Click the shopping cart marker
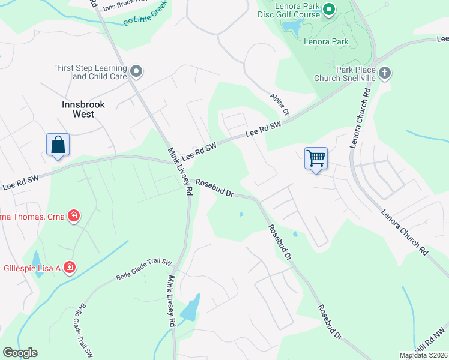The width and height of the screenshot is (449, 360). (316, 158)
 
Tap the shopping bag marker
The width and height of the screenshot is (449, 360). (58, 145)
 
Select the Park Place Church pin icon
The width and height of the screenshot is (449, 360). (385, 73)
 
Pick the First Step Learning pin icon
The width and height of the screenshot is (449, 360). (136, 72)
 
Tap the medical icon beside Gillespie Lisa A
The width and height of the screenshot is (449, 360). (70, 266)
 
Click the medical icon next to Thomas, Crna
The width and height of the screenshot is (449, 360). (74, 215)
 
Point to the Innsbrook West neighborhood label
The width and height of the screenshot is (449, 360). (83, 109)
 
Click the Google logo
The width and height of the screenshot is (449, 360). (20, 353)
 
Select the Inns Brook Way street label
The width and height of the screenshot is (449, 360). (124, 7)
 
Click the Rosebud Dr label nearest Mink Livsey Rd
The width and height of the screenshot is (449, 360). (214, 188)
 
